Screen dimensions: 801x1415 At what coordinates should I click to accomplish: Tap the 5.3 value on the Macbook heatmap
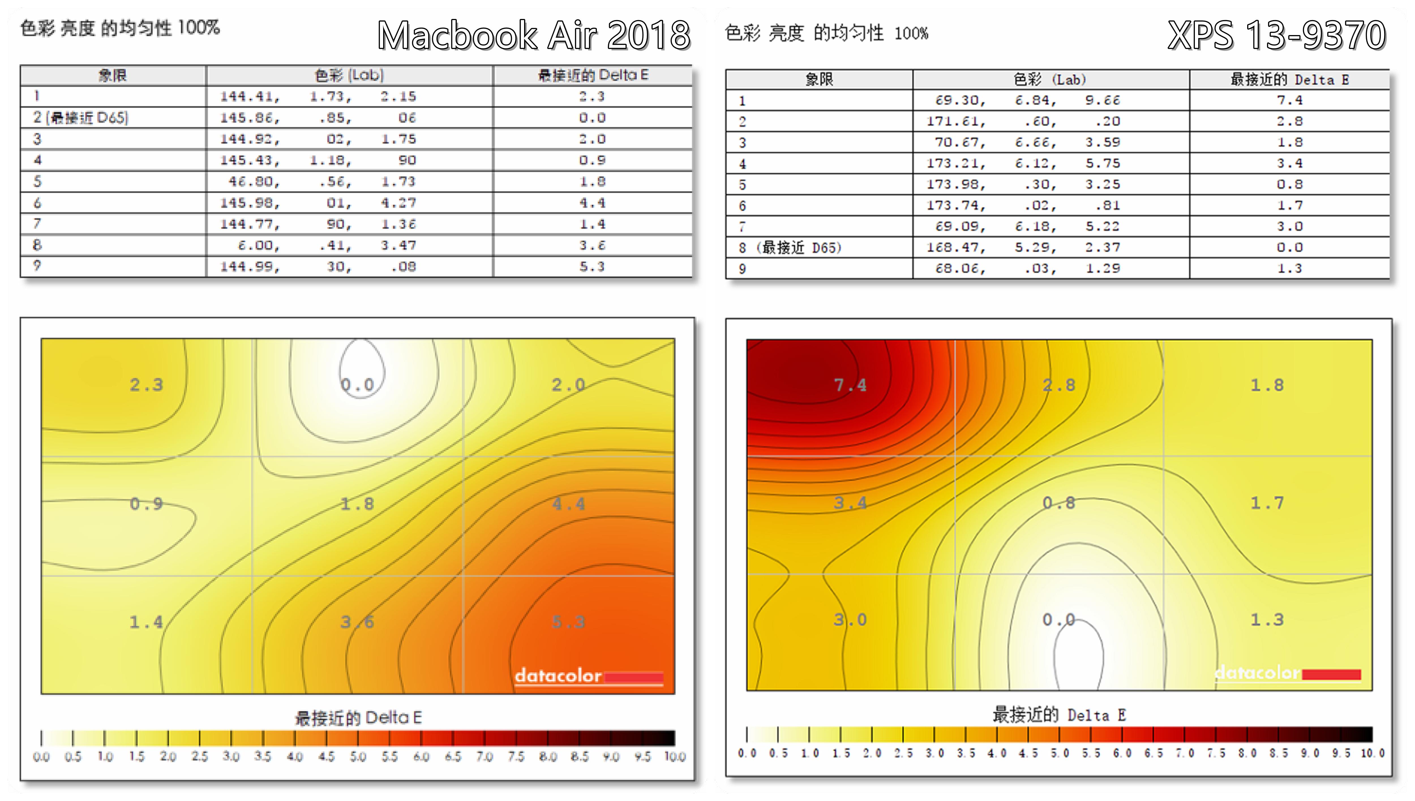(569, 622)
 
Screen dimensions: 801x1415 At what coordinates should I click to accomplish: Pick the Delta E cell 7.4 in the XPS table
(1290, 100)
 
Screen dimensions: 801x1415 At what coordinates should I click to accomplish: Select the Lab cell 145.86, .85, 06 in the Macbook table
(318, 118)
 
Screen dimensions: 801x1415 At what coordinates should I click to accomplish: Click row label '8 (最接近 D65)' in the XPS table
(790, 247)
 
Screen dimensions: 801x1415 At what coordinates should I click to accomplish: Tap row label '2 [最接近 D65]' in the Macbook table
(80, 118)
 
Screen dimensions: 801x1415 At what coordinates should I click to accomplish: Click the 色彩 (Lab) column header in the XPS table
(1050, 80)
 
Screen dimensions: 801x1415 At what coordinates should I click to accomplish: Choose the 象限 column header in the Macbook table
(113, 75)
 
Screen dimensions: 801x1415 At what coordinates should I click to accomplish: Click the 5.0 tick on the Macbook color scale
(358, 757)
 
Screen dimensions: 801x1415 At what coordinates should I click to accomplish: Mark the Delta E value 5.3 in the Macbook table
(592, 267)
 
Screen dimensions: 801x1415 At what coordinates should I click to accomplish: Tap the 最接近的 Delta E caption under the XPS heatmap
(1059, 715)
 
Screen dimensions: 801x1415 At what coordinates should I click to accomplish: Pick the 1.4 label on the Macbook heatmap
(146, 622)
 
